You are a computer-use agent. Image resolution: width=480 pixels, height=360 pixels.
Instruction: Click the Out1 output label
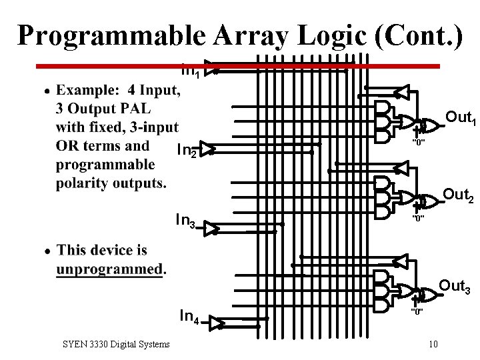click(459, 118)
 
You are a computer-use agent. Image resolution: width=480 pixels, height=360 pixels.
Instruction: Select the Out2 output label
click(458, 195)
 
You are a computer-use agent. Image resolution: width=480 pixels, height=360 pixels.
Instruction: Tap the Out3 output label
click(455, 287)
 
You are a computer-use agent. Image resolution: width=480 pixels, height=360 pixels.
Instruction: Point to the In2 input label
click(187, 151)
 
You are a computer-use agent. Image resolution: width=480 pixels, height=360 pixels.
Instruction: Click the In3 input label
click(185, 219)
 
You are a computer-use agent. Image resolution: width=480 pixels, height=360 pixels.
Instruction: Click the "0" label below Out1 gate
click(418, 143)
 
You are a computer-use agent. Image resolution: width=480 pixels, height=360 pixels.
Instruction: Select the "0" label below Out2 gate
click(418, 218)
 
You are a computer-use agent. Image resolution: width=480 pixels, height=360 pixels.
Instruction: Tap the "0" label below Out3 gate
click(418, 311)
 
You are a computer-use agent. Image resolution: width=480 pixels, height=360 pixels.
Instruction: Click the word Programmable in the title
click(116, 35)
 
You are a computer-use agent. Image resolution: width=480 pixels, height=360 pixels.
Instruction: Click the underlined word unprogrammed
click(109, 269)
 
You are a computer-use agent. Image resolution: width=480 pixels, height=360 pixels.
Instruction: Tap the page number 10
click(433, 344)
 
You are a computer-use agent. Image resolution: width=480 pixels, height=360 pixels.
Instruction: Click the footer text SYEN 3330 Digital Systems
click(115, 344)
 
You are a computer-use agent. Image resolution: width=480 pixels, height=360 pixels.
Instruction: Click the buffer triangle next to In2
click(207, 149)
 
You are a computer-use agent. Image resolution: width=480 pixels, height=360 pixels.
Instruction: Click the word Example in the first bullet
click(86, 89)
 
